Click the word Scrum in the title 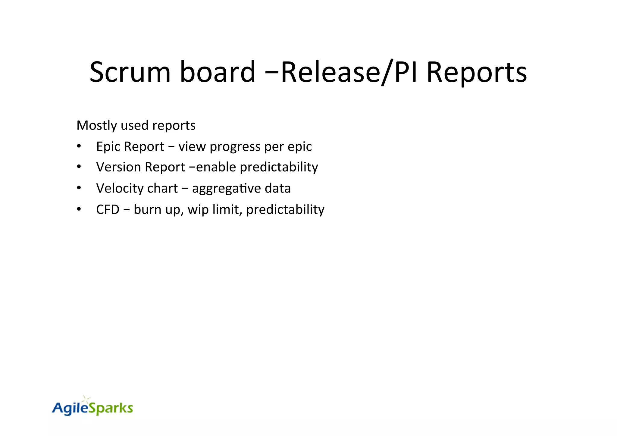point(130,72)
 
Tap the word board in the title point(218,72)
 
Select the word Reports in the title point(477,72)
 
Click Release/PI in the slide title point(349,72)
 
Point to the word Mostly point(96,125)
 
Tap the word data point(277,188)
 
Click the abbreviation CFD point(108,209)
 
